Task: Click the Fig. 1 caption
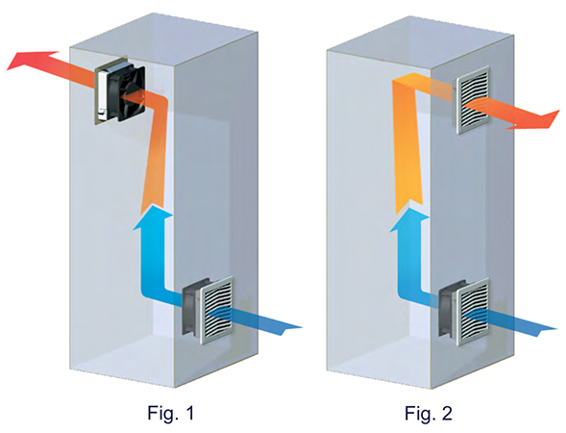pyautogui.click(x=171, y=413)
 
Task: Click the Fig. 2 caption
pyautogui.click(x=429, y=413)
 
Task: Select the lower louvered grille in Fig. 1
pyautogui.click(x=216, y=310)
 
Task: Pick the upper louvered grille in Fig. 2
pyautogui.click(x=473, y=100)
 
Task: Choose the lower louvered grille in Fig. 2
pyautogui.click(x=474, y=312)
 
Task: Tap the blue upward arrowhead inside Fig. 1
pyautogui.click(x=153, y=217)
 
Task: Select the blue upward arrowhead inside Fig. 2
pyautogui.click(x=409, y=219)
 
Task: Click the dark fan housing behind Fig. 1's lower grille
pyautogui.click(x=191, y=307)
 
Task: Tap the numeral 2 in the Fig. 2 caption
pyautogui.click(x=447, y=413)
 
